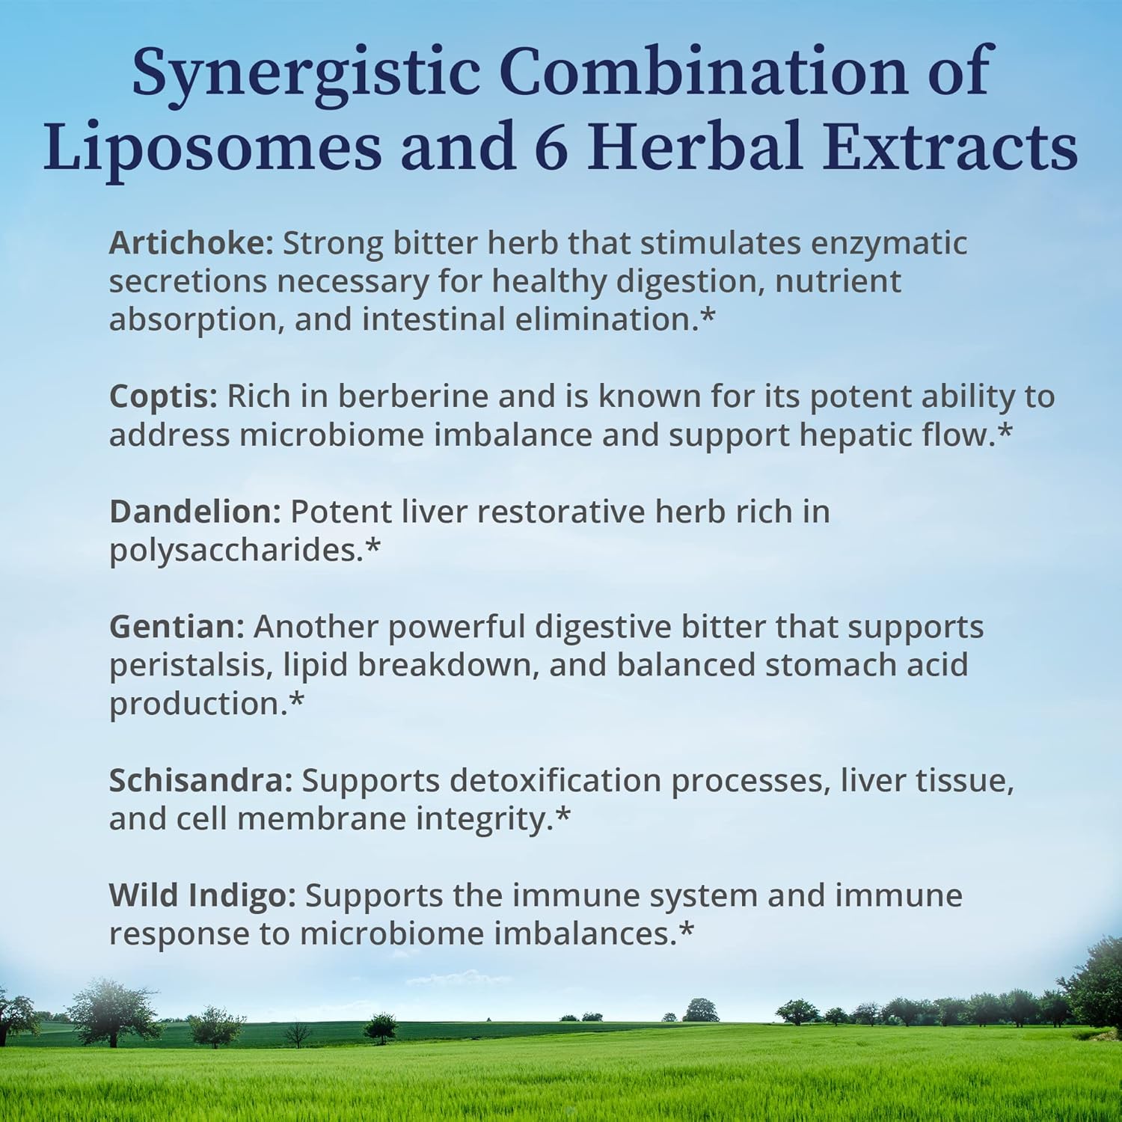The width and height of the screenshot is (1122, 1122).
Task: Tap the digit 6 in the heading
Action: pos(551,146)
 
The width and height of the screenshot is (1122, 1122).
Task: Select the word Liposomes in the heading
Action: pos(212,146)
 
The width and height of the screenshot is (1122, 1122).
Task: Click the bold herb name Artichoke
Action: pos(191,244)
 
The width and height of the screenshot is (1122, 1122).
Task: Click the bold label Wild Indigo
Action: pos(203,895)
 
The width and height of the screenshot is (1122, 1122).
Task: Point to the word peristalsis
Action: pos(191,666)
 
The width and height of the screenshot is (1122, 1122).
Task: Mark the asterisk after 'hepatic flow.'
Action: pos(1005,432)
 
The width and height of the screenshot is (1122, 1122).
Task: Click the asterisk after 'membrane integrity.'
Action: pos(563,815)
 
